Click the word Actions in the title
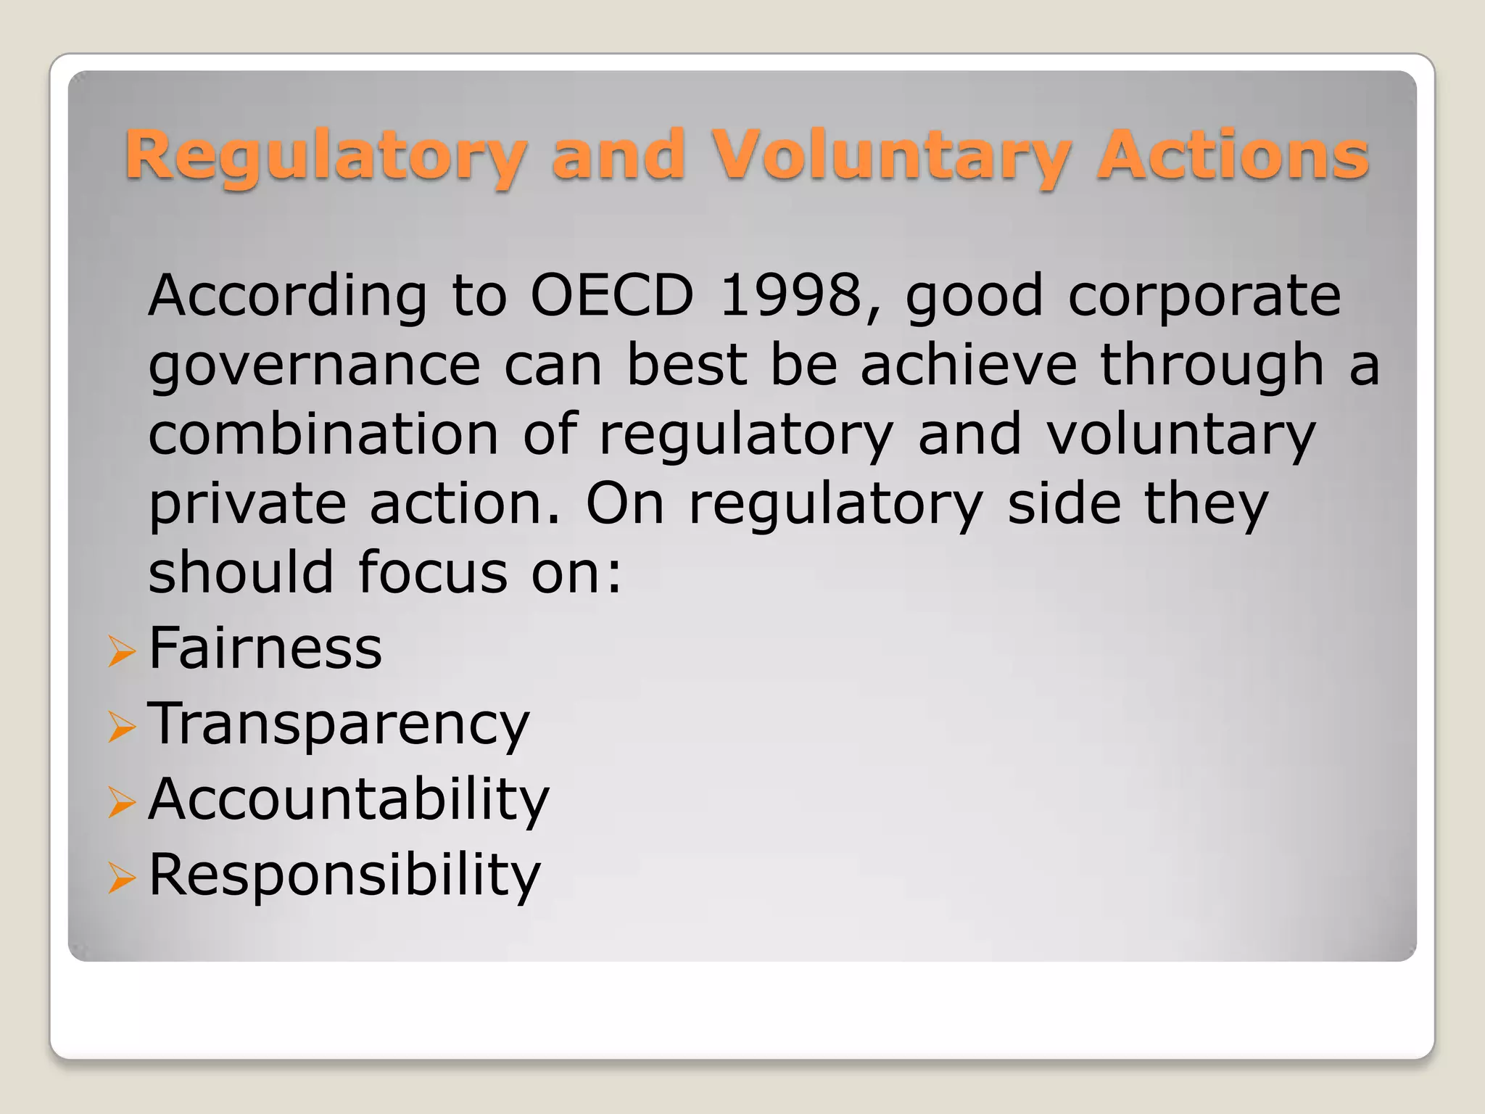(x=1232, y=154)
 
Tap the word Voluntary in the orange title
(x=890, y=156)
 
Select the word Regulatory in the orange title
(x=326, y=156)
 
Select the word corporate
(x=1204, y=297)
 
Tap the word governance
(x=314, y=366)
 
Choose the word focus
(x=433, y=572)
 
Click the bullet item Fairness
(x=265, y=648)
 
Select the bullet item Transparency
(x=339, y=725)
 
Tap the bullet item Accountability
(x=349, y=800)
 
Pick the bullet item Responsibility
(x=344, y=875)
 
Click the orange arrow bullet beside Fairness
(x=121, y=651)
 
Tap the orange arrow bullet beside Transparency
(x=121, y=726)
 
